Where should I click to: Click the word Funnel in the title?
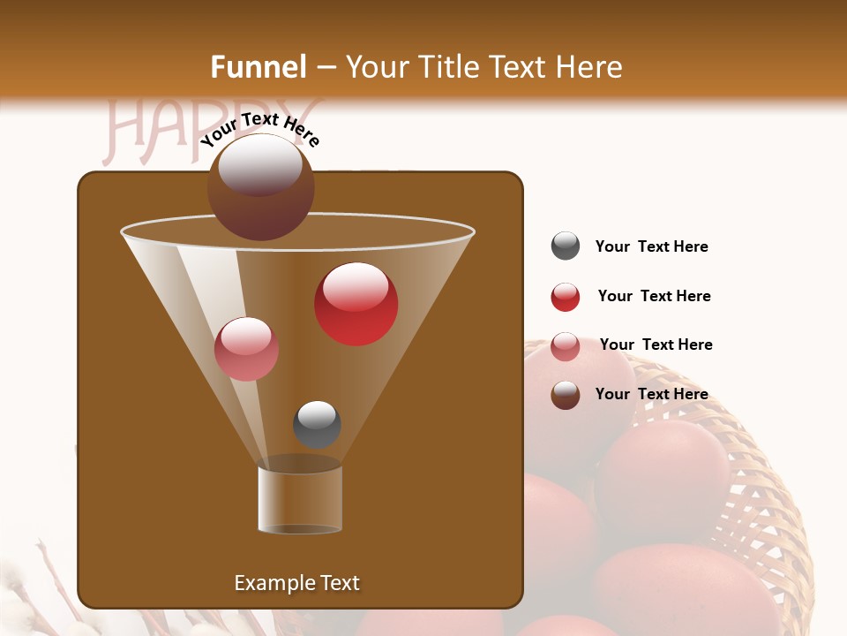click(x=259, y=67)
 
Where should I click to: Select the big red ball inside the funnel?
click(x=356, y=305)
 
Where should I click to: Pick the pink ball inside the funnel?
click(x=246, y=349)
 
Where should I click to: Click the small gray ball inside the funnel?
click(x=317, y=424)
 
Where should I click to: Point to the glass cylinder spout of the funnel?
click(x=300, y=500)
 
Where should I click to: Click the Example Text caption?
click(x=296, y=583)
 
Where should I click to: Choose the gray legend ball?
click(x=566, y=246)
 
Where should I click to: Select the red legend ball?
click(x=566, y=297)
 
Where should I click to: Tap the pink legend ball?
click(x=566, y=345)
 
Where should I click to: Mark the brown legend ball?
click(x=566, y=395)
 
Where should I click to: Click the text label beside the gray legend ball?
click(x=651, y=246)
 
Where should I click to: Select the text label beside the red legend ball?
click(x=654, y=296)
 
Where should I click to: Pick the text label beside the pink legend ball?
click(x=656, y=344)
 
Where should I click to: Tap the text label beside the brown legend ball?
click(x=651, y=394)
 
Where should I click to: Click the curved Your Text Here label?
click(x=259, y=128)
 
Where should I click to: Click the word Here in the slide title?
click(x=588, y=67)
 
